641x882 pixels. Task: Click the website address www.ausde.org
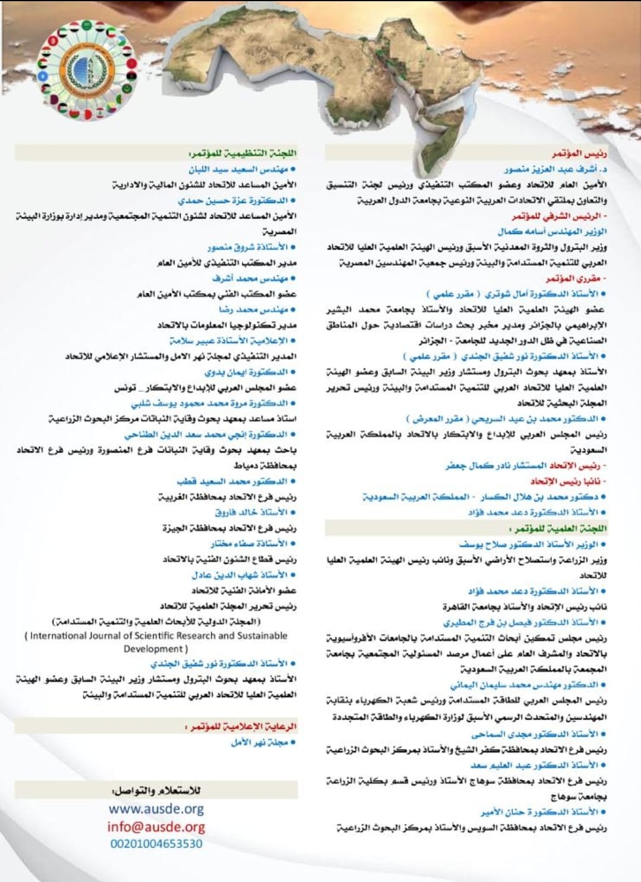(156, 808)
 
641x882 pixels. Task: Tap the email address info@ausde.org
(156, 826)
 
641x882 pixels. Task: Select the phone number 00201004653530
(156, 843)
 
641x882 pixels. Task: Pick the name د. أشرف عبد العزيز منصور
(556, 169)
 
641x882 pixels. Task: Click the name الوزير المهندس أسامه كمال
(552, 231)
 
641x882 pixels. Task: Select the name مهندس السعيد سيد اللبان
(243, 169)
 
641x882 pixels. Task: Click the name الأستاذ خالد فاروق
(252, 512)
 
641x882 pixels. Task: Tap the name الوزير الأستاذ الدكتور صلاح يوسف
(532, 544)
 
